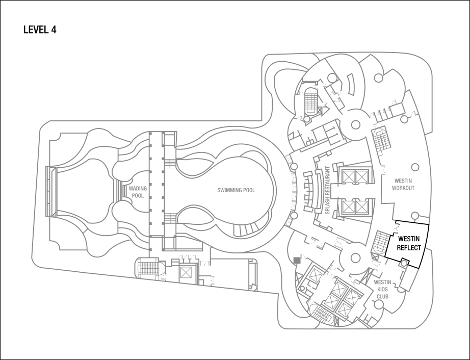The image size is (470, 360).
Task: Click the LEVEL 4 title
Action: click(x=40, y=30)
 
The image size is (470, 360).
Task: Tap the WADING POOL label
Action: click(x=138, y=192)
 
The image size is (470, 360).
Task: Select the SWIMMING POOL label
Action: click(x=236, y=190)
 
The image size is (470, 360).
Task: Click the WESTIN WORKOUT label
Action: click(x=403, y=185)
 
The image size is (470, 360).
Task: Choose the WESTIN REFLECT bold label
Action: click(x=409, y=243)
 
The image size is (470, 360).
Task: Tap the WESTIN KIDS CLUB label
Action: click(x=382, y=289)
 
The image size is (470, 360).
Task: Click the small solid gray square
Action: click(x=297, y=260)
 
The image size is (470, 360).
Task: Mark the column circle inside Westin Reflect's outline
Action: click(x=404, y=263)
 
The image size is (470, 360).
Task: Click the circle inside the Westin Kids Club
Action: click(x=379, y=304)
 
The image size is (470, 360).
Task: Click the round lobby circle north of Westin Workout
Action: click(x=355, y=124)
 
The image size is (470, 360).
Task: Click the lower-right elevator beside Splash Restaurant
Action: click(x=361, y=207)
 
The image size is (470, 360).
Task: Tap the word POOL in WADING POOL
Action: click(x=138, y=196)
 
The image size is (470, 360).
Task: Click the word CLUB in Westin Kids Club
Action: click(x=382, y=296)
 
